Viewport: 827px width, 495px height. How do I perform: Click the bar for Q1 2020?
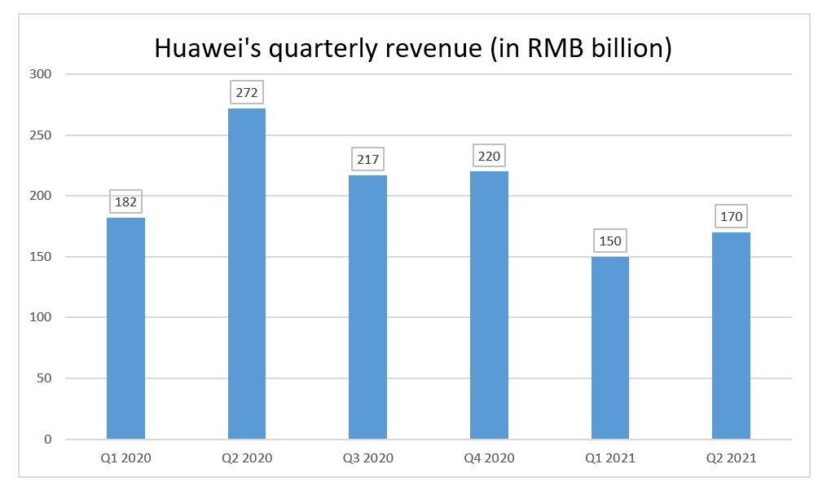coord(125,328)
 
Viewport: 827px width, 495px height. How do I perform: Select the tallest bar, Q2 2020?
coord(247,273)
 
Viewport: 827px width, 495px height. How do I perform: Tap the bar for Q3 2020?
coord(367,307)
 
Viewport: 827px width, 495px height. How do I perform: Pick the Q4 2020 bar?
coord(489,305)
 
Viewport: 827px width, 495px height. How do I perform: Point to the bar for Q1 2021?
coord(610,347)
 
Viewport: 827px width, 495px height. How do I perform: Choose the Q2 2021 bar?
coord(731,335)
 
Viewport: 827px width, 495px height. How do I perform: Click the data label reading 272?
coord(247,93)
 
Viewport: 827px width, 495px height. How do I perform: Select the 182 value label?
coord(125,201)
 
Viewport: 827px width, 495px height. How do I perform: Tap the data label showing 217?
coord(367,159)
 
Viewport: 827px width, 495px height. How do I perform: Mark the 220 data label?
coord(489,156)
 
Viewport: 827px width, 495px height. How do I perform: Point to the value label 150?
coord(610,241)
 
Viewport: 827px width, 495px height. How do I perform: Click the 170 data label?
coord(731,217)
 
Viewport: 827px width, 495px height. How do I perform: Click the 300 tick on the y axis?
coord(41,74)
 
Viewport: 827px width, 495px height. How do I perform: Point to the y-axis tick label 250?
coord(41,135)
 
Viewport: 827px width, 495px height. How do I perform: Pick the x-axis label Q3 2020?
coord(367,458)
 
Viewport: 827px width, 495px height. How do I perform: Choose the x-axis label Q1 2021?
coord(610,458)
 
